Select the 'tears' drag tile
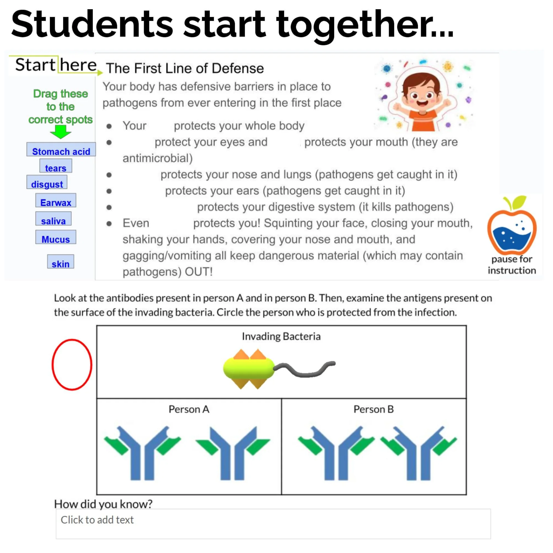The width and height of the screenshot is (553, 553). (56, 168)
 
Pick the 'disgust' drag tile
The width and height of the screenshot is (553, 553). (47, 184)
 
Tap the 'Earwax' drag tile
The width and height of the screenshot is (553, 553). (56, 202)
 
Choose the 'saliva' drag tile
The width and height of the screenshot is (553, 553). (53, 220)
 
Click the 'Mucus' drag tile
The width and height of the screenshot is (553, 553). (56, 239)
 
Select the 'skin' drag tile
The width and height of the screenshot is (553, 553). (60, 263)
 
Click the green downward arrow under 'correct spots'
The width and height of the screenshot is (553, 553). (60, 132)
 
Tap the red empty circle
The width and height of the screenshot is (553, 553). (72, 364)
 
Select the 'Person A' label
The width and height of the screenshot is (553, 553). (189, 409)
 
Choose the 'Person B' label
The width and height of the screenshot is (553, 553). (374, 409)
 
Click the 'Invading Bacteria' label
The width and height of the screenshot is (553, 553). (281, 336)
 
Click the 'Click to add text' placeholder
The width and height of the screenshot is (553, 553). (97, 520)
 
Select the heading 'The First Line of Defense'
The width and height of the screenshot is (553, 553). (185, 68)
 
